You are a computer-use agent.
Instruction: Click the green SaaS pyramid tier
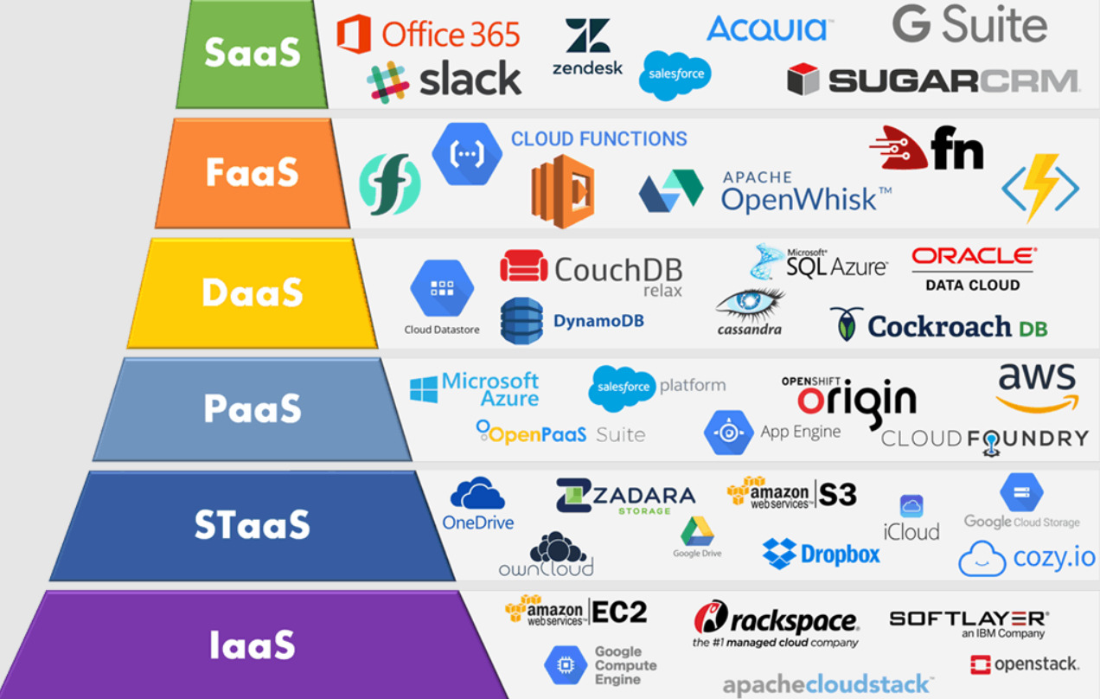click(252, 54)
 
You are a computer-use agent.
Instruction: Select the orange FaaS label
click(252, 172)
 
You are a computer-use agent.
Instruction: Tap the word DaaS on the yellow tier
click(253, 292)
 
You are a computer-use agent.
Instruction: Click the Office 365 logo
click(428, 34)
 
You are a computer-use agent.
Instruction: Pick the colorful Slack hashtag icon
click(388, 82)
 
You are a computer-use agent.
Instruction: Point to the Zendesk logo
click(587, 48)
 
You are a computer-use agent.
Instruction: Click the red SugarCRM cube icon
click(803, 79)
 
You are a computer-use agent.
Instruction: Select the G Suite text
click(970, 24)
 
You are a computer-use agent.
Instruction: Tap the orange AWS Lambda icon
click(563, 191)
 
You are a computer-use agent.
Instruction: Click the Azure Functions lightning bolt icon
click(1040, 188)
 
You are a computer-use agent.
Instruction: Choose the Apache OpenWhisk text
click(806, 192)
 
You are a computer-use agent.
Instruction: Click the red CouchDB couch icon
click(523, 266)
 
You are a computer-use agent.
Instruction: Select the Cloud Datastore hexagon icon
click(442, 288)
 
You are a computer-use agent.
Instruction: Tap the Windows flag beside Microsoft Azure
click(424, 389)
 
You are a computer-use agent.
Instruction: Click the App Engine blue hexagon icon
click(728, 433)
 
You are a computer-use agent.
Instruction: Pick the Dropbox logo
click(821, 554)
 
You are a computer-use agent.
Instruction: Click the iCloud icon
click(911, 506)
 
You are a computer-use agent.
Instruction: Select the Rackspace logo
click(776, 624)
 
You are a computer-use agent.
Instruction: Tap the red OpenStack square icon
click(980, 664)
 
